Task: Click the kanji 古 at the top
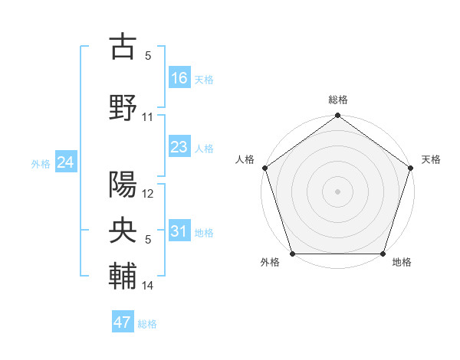(123, 47)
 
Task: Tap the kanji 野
(123, 108)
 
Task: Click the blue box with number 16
(179, 77)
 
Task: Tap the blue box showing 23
(179, 147)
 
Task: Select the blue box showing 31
(179, 232)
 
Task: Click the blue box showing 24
(65, 162)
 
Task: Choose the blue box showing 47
(123, 322)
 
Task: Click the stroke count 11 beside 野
(148, 117)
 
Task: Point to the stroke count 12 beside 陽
(148, 194)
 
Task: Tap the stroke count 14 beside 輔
(148, 286)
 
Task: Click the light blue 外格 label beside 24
(41, 163)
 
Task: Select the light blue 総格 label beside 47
(147, 324)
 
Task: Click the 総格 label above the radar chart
(337, 100)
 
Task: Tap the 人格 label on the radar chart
(245, 159)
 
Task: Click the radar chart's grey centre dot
(337, 191)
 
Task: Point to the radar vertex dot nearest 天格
(412, 168)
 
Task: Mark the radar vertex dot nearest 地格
(383, 254)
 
